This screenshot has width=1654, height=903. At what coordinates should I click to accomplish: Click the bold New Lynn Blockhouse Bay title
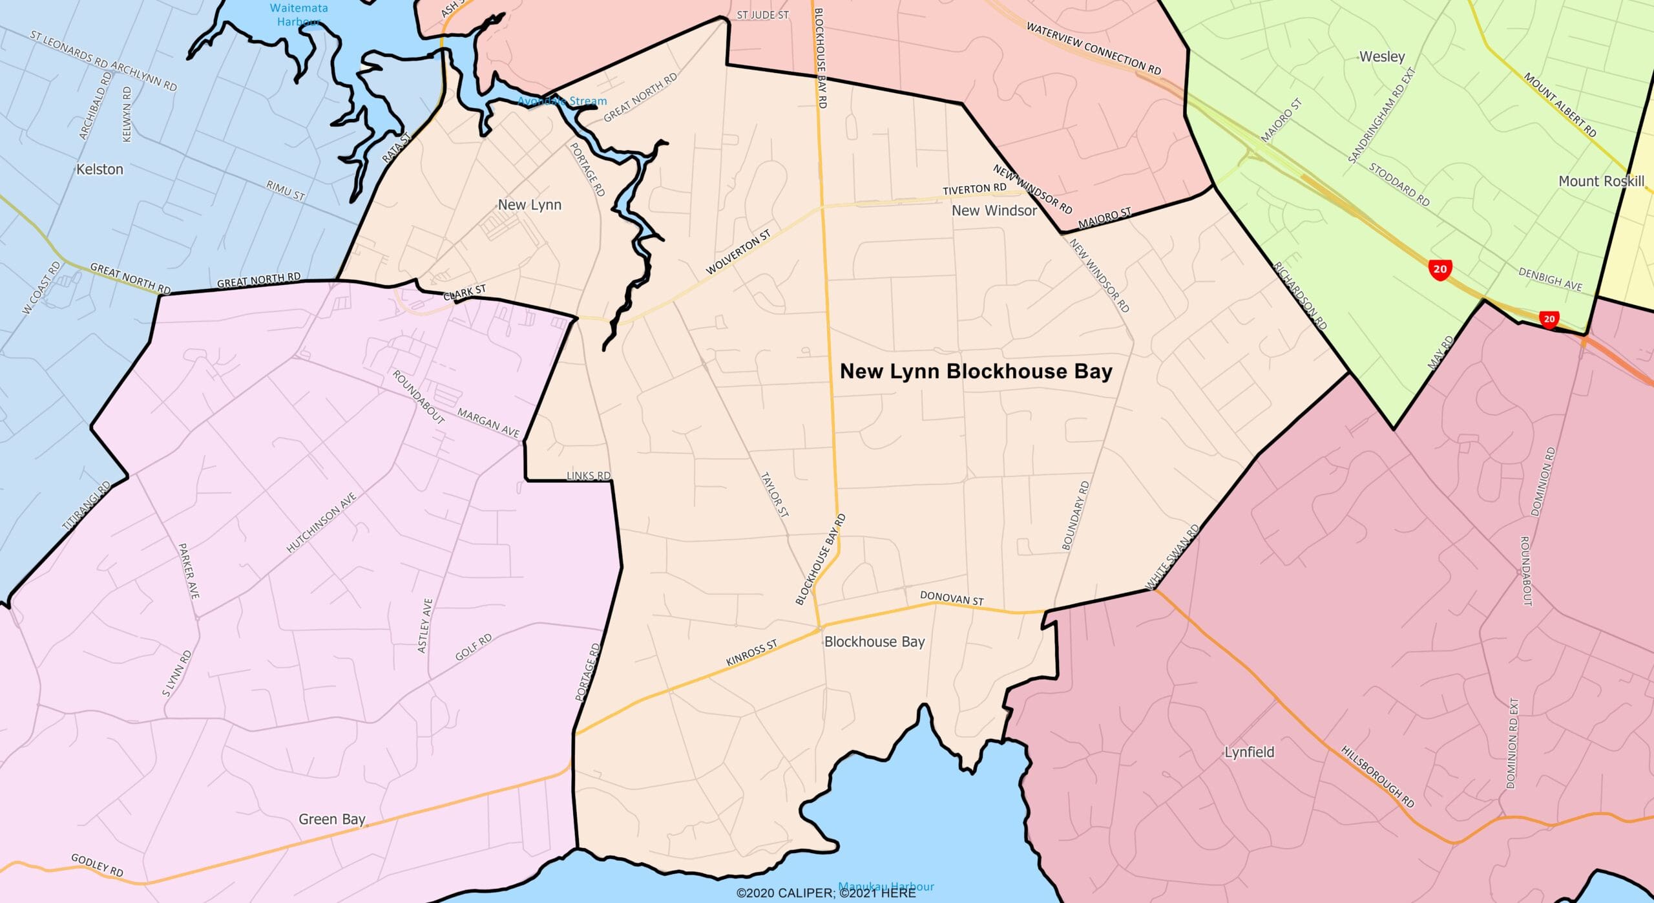tap(976, 372)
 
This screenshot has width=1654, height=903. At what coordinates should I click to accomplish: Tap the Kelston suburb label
tap(99, 169)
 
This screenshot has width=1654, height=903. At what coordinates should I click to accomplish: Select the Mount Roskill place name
tap(1601, 182)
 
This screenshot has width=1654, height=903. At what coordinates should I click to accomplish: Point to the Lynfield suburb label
tap(1250, 752)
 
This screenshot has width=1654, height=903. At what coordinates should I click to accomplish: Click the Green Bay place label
tap(332, 820)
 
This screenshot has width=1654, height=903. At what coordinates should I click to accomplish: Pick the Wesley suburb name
tap(1382, 57)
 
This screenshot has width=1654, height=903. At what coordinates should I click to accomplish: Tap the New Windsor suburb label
tap(994, 211)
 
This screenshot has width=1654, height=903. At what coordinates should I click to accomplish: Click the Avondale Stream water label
tap(563, 101)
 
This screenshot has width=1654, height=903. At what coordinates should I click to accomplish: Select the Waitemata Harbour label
tap(298, 14)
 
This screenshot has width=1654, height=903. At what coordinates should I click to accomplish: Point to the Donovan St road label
tap(952, 599)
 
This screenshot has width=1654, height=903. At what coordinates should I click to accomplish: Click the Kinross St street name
tap(751, 653)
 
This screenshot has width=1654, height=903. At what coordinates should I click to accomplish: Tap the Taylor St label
tap(774, 494)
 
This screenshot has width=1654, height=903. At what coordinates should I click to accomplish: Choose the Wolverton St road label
tap(738, 252)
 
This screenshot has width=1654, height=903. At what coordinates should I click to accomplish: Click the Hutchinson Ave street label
tap(322, 522)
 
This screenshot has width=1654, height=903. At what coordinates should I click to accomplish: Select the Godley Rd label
tap(97, 865)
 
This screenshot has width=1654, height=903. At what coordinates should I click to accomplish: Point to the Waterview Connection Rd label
tap(1093, 48)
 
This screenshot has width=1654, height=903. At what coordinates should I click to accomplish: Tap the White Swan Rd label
tap(1172, 557)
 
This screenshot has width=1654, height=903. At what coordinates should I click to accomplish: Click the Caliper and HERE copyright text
tap(826, 893)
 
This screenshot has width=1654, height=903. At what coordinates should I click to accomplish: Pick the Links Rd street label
tap(588, 476)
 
